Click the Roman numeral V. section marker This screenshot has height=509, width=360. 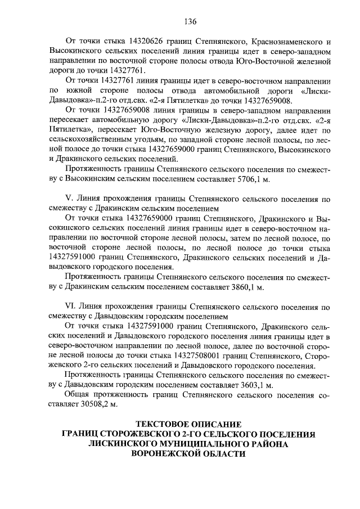point(70,199)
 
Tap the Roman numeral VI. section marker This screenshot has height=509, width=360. point(72,307)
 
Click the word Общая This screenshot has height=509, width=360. point(79,395)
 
